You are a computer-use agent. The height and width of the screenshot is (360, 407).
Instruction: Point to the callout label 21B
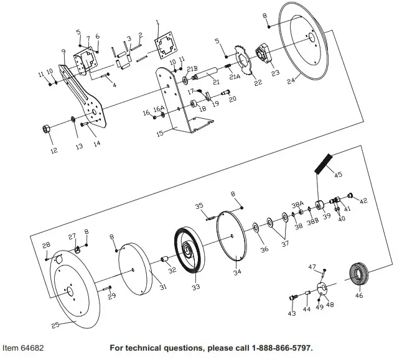[x=192, y=69]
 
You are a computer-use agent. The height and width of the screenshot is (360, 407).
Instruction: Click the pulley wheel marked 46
[x=358, y=274]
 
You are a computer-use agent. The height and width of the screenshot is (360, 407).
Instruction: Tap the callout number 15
[x=159, y=132]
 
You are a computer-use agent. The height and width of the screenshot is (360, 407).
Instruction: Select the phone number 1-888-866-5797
[x=276, y=347]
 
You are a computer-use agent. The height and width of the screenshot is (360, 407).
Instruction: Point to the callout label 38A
[x=297, y=204]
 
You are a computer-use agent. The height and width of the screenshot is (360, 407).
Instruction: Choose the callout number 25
[x=55, y=325]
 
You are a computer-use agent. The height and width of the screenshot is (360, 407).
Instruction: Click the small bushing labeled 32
[x=166, y=260]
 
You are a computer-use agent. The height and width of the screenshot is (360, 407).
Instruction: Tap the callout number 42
[x=364, y=201]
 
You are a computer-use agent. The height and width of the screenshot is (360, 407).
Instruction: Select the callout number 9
[x=63, y=51]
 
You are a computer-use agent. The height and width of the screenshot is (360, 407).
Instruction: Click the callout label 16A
[x=159, y=108]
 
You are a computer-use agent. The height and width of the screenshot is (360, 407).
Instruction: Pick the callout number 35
[x=200, y=205]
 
